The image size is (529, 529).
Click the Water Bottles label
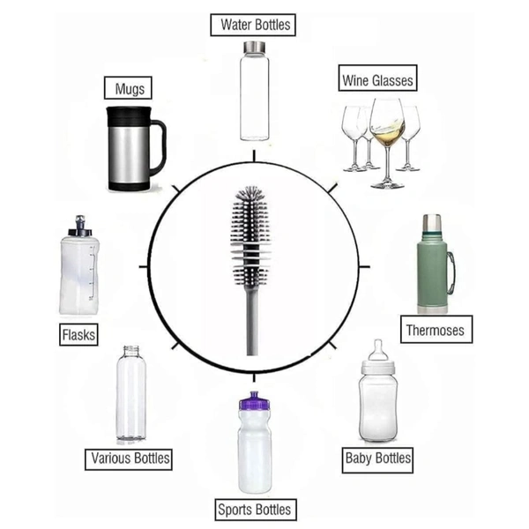click(x=253, y=25)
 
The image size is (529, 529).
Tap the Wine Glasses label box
click(x=378, y=78)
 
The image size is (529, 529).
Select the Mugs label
click(x=128, y=88)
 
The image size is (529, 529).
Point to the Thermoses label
click(x=436, y=330)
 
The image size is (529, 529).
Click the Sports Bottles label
click(x=256, y=510)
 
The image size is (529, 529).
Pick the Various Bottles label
click(x=129, y=459)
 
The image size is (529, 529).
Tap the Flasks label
click(x=78, y=334)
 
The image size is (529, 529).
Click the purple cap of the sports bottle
click(x=255, y=400)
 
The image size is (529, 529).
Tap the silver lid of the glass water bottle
click(x=255, y=47)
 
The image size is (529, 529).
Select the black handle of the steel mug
click(x=158, y=147)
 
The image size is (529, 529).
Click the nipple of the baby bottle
click(x=378, y=350)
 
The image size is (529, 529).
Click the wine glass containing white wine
click(x=387, y=143)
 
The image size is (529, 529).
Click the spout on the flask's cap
click(x=80, y=223)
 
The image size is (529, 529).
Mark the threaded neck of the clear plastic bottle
click(x=131, y=351)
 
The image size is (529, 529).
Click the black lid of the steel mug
click(x=129, y=116)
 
